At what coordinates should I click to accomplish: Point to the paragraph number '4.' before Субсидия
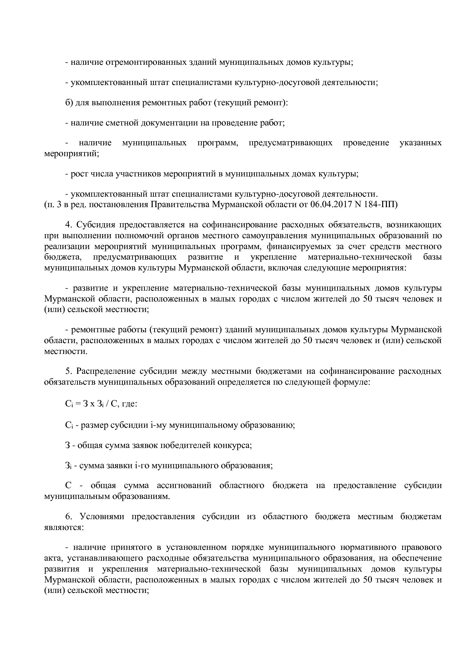pyautogui.click(x=69, y=225)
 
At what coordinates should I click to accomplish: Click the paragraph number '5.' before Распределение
pyautogui.click(x=69, y=371)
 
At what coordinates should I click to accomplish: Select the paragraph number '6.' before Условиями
pyautogui.click(x=69, y=517)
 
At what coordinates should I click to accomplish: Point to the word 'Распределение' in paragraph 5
pyautogui.click(x=106, y=371)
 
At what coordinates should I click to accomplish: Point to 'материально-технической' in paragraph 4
pyautogui.click(x=360, y=257)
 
